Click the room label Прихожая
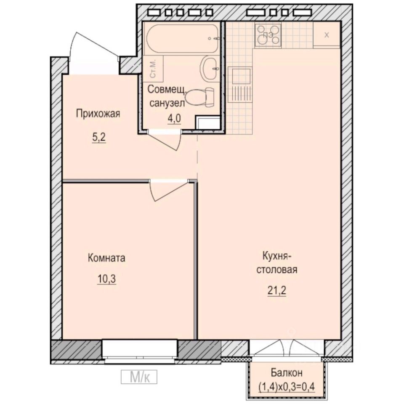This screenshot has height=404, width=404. (x=98, y=113)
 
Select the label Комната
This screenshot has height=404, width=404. (x=106, y=258)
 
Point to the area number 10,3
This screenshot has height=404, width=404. (x=106, y=279)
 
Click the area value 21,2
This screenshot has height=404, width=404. (x=277, y=290)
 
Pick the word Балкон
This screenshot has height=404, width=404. (x=286, y=372)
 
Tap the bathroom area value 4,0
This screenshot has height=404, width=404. (x=174, y=119)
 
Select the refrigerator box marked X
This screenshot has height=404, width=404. (x=327, y=35)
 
